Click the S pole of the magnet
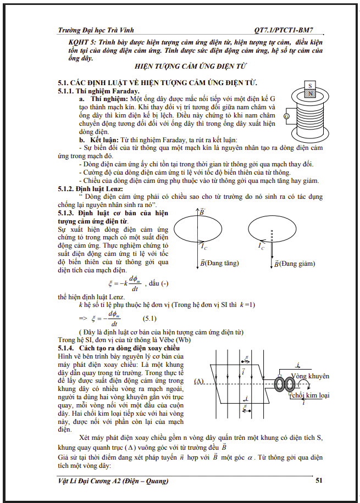pyautogui.click(x=310, y=86)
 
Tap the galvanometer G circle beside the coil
pyautogui.click(x=286, y=116)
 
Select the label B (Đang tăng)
pyautogui.click(x=219, y=263)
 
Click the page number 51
pyautogui.click(x=319, y=481)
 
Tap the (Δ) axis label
pyautogui.click(x=199, y=381)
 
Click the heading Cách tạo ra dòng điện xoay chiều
pyautogui.click(x=130, y=349)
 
